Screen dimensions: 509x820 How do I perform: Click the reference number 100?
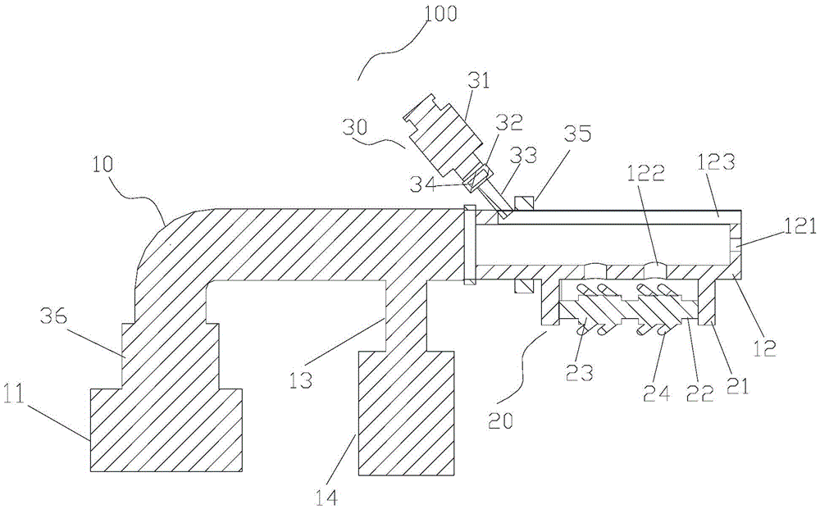(441, 14)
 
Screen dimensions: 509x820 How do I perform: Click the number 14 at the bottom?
(325, 495)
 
